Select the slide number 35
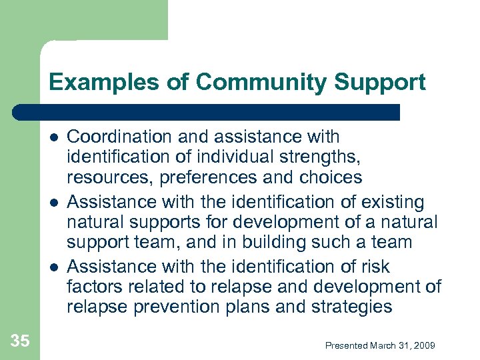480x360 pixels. pos(20,341)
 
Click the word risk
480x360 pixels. pos(375,267)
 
